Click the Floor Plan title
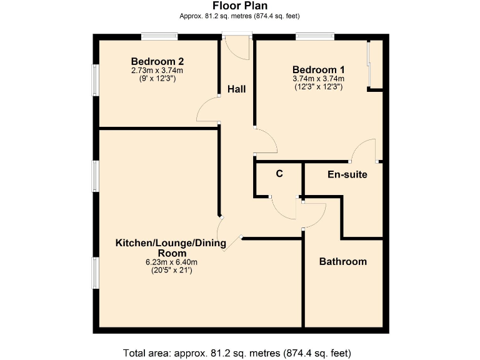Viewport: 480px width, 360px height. point(239,6)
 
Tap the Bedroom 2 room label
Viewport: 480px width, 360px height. point(157,61)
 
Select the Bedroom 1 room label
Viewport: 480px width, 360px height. point(318,69)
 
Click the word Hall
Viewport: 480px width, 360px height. point(236,89)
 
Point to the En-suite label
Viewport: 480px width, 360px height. point(347,174)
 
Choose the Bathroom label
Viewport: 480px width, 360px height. point(343,261)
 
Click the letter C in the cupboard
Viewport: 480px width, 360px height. point(279,174)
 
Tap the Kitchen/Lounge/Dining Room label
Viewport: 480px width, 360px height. point(170,247)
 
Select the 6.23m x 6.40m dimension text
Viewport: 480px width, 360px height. point(171,262)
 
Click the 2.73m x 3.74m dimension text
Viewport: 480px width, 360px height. point(157,71)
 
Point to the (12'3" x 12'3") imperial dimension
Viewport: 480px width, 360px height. point(318,87)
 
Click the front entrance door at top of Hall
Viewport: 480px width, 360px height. point(237,47)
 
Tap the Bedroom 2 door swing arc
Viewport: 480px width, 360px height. point(207,110)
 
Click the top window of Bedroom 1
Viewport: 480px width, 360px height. point(314,37)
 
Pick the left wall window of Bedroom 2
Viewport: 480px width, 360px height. point(96,81)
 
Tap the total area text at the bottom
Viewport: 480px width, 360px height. point(239,351)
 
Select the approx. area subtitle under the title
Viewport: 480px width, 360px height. point(239,17)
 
